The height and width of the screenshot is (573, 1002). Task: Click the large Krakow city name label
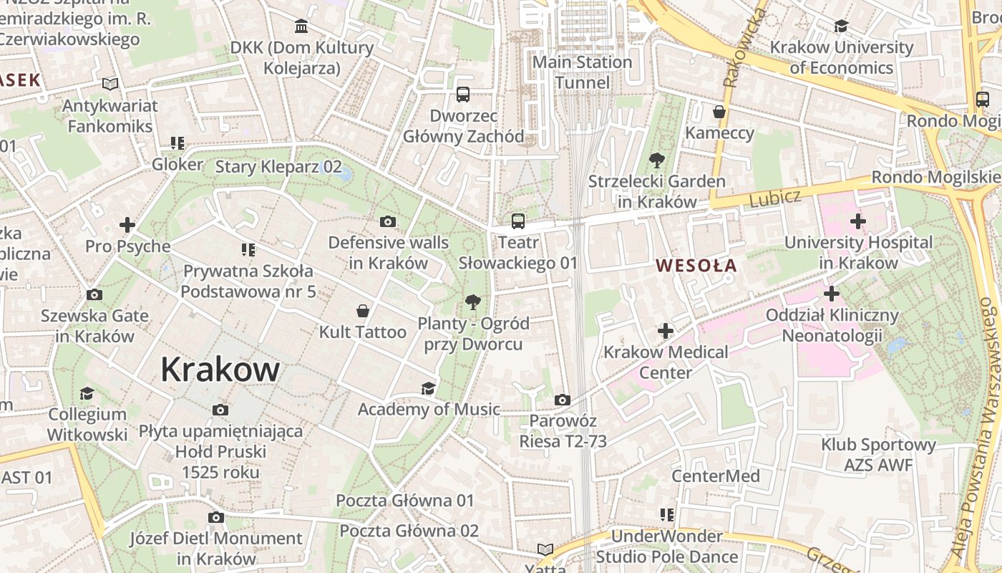coord(220,370)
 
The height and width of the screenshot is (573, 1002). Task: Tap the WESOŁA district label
coord(696,266)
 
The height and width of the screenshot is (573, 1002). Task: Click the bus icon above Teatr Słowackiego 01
coord(518,221)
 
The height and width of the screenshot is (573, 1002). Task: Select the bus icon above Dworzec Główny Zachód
coord(463,94)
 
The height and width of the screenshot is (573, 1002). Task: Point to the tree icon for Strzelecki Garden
coord(656,160)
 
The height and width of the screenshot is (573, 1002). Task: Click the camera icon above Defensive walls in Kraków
coord(388,221)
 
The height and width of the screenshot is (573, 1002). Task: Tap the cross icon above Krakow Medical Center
coord(666,330)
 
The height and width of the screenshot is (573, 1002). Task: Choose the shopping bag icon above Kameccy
coord(719,112)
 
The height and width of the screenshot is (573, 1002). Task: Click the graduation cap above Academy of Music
coord(428,388)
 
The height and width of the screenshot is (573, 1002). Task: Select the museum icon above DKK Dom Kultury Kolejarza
coord(301,27)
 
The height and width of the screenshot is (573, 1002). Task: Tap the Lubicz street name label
coord(774,198)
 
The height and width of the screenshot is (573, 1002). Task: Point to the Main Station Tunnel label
coord(583,72)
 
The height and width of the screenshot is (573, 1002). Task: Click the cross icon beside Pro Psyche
coord(127,225)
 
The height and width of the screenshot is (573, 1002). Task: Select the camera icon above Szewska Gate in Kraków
coord(94,294)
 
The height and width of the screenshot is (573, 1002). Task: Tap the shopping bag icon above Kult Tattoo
coord(363,311)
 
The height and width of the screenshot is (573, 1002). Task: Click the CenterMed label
coord(716,476)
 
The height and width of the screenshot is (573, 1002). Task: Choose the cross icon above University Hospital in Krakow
coord(858,221)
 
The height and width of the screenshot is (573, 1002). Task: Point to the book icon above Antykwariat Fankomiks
coord(110,84)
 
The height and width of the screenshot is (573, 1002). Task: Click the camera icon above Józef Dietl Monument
coord(215,517)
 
